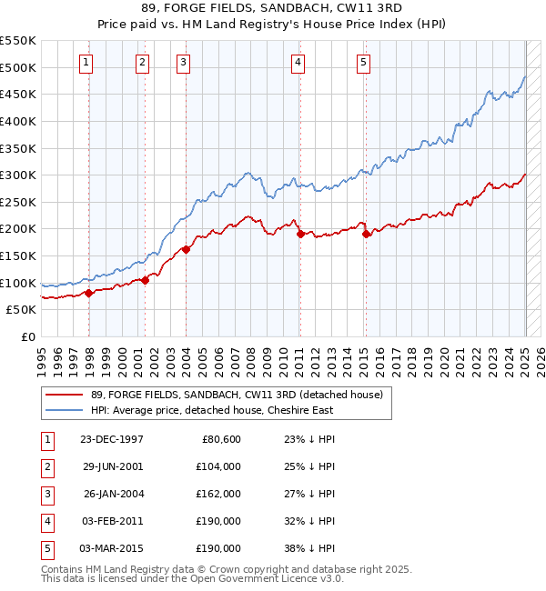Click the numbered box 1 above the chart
[86, 63]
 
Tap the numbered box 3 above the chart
[184, 63]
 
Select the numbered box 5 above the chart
[363, 63]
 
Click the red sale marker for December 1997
[89, 293]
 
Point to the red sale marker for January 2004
[186, 249]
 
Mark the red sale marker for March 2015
[366, 234]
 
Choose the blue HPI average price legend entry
[211, 410]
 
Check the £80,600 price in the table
[219, 439]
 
